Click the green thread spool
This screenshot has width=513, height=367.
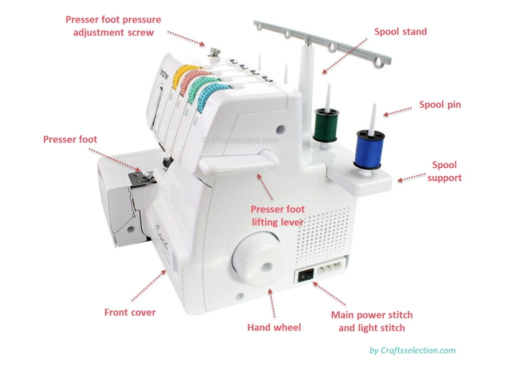coord(326,125)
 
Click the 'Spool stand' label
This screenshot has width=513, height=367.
coord(400,32)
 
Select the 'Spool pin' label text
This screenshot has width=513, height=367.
coord(440,105)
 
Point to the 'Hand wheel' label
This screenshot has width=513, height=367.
coord(274,327)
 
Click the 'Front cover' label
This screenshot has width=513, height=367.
coord(130,312)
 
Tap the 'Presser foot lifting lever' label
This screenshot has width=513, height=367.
coord(278,215)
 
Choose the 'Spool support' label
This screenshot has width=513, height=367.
coord(445,171)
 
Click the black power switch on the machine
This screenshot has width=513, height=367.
coord(306,274)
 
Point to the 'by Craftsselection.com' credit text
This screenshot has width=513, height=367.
coord(412,350)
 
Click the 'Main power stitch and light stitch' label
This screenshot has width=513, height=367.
coord(372,321)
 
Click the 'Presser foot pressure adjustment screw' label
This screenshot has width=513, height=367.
coord(113,26)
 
